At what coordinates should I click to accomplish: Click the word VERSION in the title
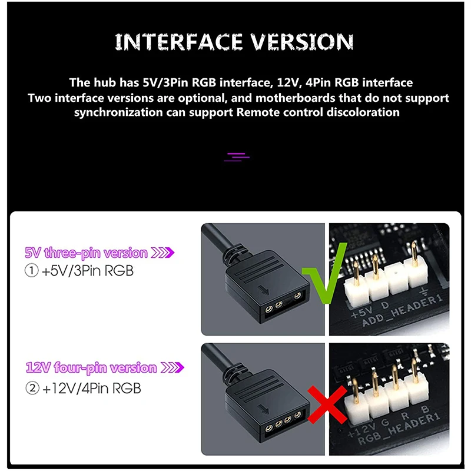302,41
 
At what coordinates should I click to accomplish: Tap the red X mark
327,404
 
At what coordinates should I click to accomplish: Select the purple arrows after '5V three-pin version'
162,253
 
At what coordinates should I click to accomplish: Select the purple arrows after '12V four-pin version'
173,367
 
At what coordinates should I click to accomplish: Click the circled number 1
32,270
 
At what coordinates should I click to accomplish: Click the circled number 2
32,388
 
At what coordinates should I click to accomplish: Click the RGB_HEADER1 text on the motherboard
399,429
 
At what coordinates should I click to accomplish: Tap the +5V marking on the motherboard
361,313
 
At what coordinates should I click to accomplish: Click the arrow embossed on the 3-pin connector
264,290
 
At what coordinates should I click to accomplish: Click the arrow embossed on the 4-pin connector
264,409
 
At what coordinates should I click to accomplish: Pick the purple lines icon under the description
237,157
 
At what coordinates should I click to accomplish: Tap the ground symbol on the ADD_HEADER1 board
424,291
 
